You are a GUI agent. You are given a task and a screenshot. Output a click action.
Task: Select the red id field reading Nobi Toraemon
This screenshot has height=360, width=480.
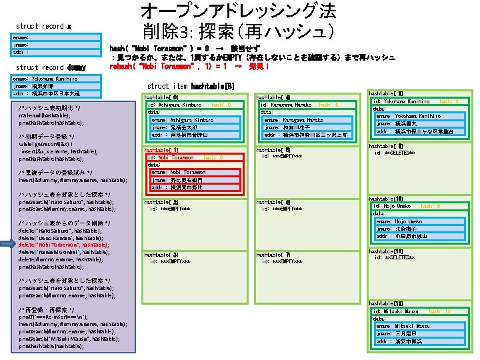point(173,157)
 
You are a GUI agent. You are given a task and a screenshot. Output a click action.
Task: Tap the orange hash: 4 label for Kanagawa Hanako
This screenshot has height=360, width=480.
point(329,105)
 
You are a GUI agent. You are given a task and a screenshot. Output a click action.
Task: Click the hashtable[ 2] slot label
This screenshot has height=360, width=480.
point(161,201)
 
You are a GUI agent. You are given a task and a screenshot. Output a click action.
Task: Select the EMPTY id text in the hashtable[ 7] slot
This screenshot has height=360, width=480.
point(283,261)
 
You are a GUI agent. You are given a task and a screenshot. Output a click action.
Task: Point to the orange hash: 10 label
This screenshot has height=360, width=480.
point(439,311)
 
